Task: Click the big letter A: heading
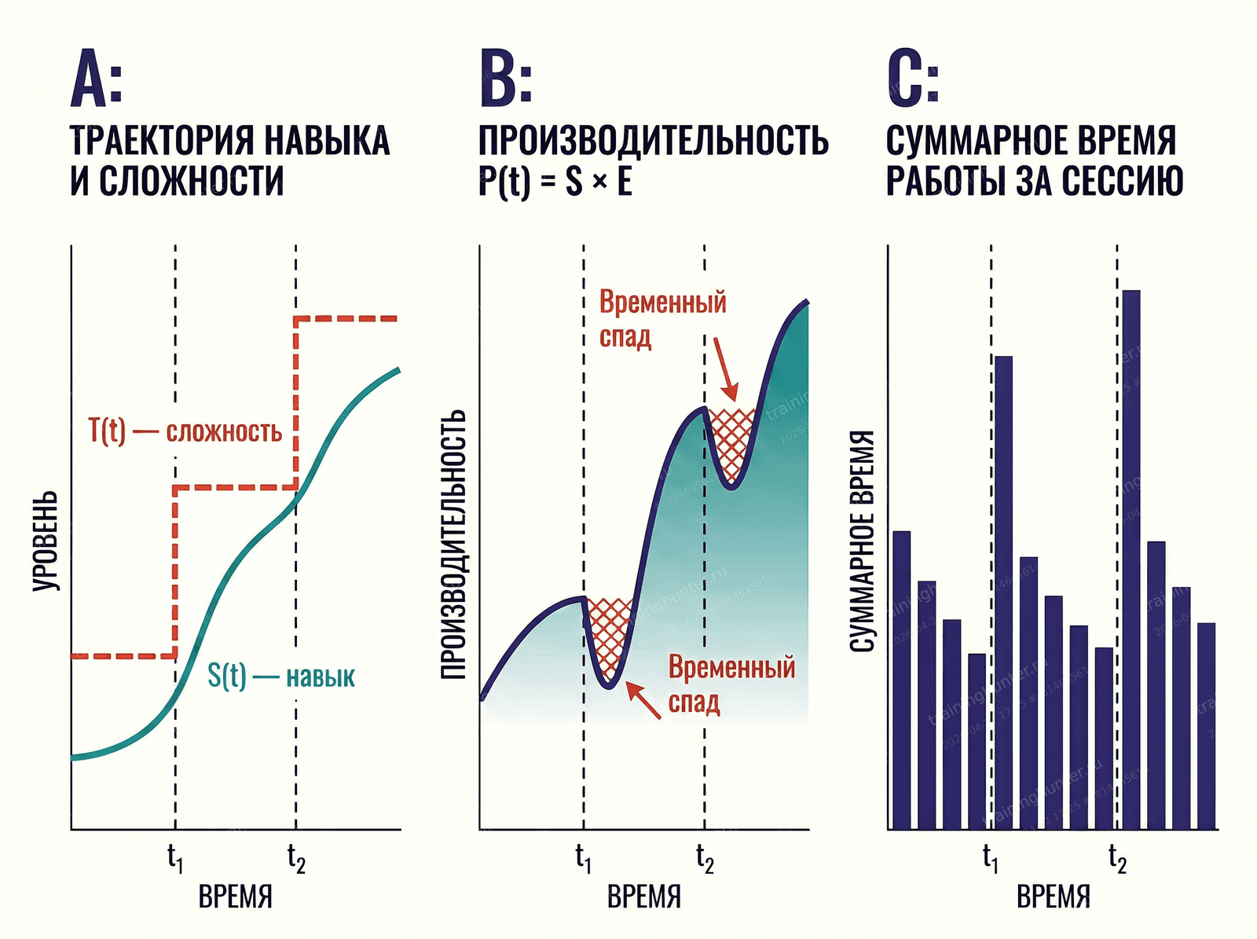(x=96, y=79)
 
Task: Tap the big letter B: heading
(x=505, y=79)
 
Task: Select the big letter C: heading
(x=912, y=79)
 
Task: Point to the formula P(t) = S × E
(x=555, y=182)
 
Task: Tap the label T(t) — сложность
(x=185, y=431)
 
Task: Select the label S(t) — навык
(x=281, y=676)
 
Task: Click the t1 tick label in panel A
(x=175, y=858)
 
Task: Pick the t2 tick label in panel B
(x=705, y=858)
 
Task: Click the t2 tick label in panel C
(x=1117, y=858)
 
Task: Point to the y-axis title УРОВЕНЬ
(x=46, y=541)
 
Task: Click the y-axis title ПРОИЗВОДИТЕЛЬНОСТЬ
(x=453, y=544)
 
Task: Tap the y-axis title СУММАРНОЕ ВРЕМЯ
(x=863, y=541)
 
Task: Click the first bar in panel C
(x=901, y=680)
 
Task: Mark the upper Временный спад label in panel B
(x=662, y=319)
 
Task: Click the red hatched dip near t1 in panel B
(x=609, y=633)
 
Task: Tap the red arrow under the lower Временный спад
(x=643, y=701)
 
